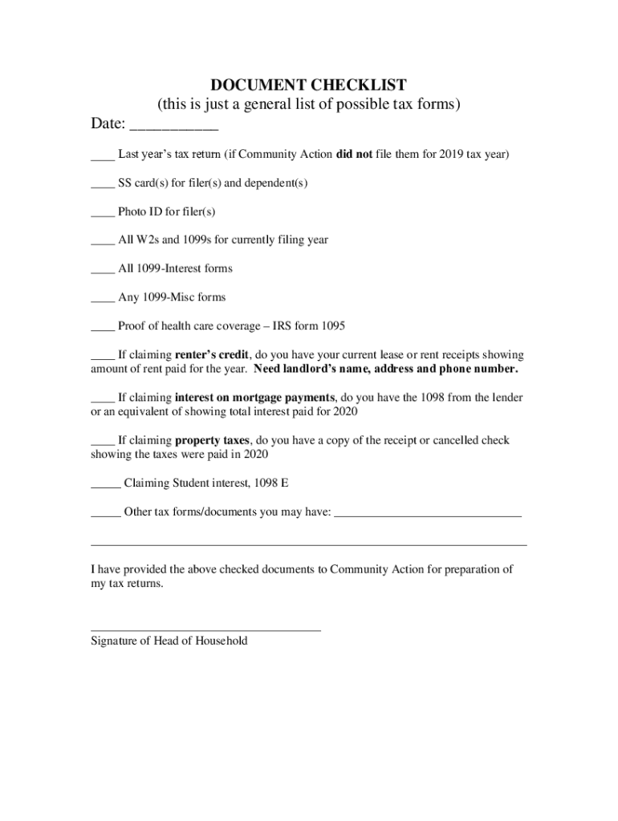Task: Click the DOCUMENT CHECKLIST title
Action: tap(308, 85)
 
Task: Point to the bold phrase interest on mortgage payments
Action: tap(254, 397)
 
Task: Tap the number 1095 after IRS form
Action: tap(333, 326)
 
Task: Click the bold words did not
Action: tap(353, 154)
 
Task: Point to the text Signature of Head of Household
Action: tap(169, 641)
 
